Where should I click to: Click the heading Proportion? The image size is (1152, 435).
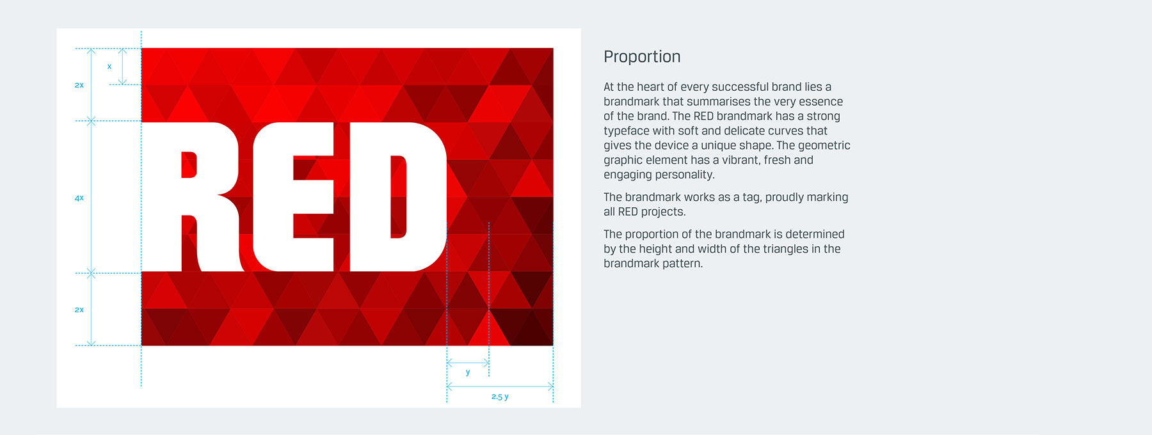click(x=642, y=57)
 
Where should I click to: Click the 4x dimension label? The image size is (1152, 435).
click(x=79, y=198)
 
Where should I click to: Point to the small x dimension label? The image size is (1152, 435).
click(x=109, y=67)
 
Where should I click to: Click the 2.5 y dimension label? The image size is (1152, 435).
click(x=500, y=397)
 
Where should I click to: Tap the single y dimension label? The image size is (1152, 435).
click(x=468, y=372)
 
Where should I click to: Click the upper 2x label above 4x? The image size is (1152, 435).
click(x=79, y=85)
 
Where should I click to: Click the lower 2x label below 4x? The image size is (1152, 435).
click(x=79, y=310)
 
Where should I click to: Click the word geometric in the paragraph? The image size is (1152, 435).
click(x=824, y=146)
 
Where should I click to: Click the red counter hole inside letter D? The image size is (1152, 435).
click(x=399, y=197)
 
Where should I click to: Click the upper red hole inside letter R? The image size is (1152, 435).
click(x=189, y=164)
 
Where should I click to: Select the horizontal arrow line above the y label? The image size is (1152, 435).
click(x=468, y=363)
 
